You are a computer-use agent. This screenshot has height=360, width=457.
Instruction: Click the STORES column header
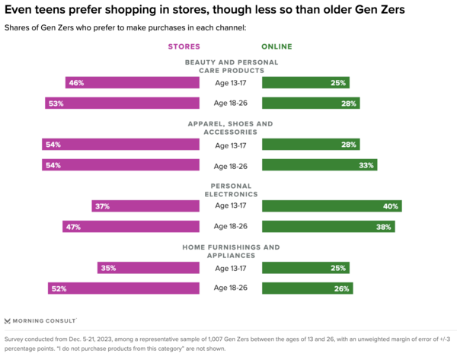[x=184, y=47]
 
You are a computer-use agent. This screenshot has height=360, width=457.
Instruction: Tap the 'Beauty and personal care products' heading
[x=231, y=65]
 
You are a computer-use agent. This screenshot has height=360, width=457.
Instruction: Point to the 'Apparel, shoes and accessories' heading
[x=231, y=127]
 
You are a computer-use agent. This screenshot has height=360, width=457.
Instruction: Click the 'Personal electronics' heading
[x=231, y=189]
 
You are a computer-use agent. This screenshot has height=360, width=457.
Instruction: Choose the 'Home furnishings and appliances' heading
[x=231, y=250]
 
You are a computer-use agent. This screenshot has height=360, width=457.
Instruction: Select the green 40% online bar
[x=331, y=205]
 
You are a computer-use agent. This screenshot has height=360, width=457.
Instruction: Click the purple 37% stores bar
[x=145, y=205]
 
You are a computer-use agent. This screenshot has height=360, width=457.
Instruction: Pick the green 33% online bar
[x=319, y=165]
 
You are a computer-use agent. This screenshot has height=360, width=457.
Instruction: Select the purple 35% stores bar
[x=149, y=268]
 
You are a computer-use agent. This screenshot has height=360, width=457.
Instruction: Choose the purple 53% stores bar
[x=122, y=103]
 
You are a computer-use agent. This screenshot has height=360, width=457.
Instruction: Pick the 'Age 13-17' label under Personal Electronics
[x=231, y=205]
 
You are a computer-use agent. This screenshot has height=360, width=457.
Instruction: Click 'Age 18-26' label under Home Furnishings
[x=231, y=288]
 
